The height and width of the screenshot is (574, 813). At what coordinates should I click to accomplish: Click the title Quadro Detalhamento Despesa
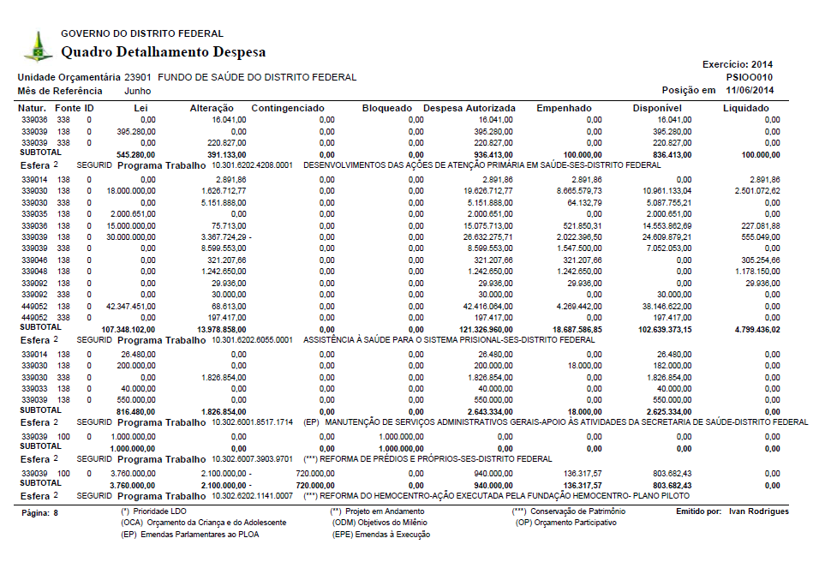[163, 52]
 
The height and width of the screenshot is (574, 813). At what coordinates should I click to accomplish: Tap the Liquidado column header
[745, 109]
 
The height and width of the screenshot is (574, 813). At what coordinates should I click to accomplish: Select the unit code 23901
[138, 77]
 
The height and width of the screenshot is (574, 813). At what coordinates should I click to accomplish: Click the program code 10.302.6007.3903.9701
[253, 459]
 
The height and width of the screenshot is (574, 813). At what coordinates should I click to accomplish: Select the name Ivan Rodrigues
[757, 511]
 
